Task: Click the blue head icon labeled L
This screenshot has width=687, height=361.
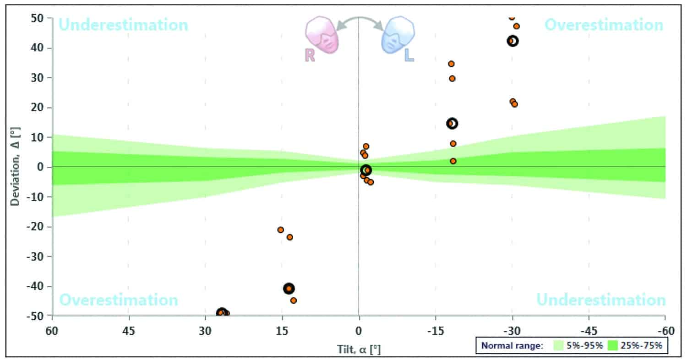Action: coord(398,35)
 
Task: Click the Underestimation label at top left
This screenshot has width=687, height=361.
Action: coord(124,25)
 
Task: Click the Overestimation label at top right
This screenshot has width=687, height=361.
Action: coord(604,25)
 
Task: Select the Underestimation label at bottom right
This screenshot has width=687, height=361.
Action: coord(601,300)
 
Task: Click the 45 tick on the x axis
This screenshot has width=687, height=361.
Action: coord(129,330)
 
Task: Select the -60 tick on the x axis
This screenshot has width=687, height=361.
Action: coord(665,330)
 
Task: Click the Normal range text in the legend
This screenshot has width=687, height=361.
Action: coord(511,346)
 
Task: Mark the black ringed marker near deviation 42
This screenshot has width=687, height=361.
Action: coord(513,41)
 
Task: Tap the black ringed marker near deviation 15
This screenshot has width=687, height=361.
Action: coord(453,123)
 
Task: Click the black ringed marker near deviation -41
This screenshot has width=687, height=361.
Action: coord(289,288)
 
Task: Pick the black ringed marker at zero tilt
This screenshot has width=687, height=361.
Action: coord(366,170)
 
